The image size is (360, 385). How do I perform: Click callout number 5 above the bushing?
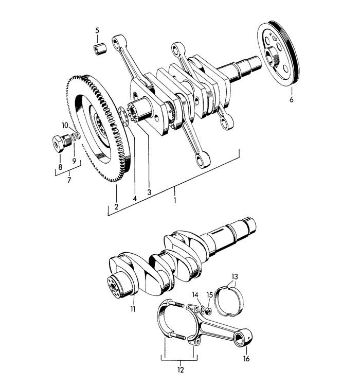click(97, 31)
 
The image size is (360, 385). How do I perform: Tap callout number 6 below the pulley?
click(291, 100)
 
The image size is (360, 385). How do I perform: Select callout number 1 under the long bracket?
click(175, 200)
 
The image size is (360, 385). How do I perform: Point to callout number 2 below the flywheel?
click(116, 206)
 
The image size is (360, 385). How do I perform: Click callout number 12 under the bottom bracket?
click(181, 370)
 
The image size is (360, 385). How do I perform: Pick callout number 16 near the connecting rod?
click(246, 359)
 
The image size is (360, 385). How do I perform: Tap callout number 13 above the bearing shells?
click(235, 277)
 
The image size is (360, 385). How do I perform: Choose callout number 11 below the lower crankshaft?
click(133, 309)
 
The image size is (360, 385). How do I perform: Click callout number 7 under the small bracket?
click(69, 180)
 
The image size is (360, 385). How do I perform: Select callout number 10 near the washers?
click(65, 126)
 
